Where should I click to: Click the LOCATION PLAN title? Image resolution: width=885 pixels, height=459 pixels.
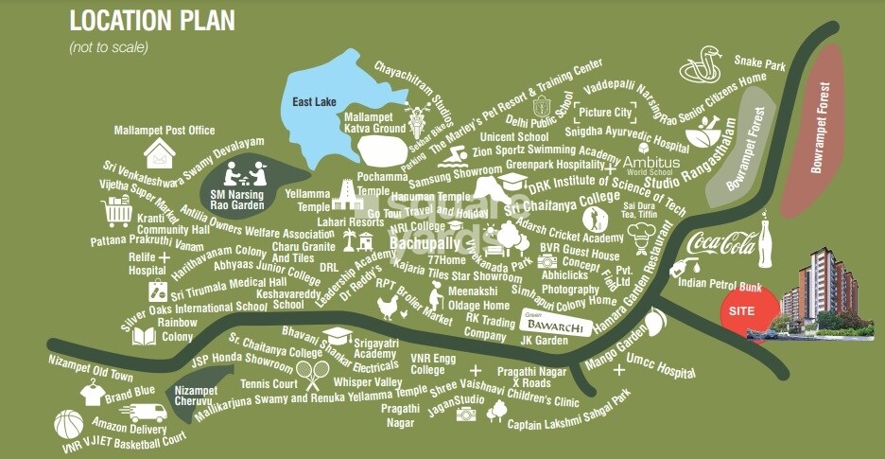tap(151, 20)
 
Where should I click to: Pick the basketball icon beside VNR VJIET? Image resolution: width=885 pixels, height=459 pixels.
tap(68, 424)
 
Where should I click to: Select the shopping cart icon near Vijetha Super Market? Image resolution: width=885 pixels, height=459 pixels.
tap(117, 213)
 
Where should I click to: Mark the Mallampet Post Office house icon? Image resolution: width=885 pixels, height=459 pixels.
tap(160, 151)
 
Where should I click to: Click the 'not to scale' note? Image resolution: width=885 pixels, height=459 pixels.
tap(109, 46)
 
